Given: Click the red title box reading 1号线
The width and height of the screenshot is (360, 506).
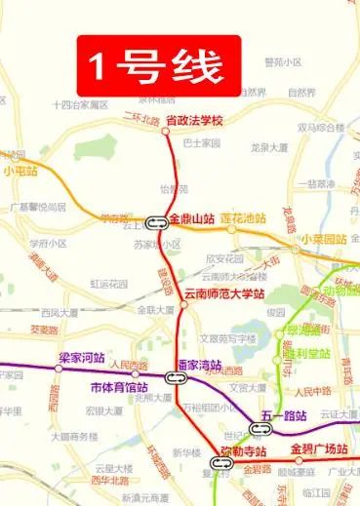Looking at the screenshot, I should coord(158,65).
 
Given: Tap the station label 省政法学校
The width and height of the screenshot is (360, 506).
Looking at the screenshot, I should coord(195,120).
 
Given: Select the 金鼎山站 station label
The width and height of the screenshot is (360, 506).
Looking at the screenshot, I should coord(192,218).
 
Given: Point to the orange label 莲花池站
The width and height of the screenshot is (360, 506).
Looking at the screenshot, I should coord(243,218).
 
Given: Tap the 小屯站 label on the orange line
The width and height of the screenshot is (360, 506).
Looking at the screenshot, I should coord(20,171).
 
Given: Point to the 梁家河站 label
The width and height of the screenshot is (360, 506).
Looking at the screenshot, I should coord(81,358).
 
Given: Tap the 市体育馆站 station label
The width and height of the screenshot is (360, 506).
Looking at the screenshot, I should coord(105,386).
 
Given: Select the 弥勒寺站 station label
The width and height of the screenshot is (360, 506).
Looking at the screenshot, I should coord(244,450).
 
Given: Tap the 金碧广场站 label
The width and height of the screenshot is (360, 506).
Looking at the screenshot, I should coord(319,449).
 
